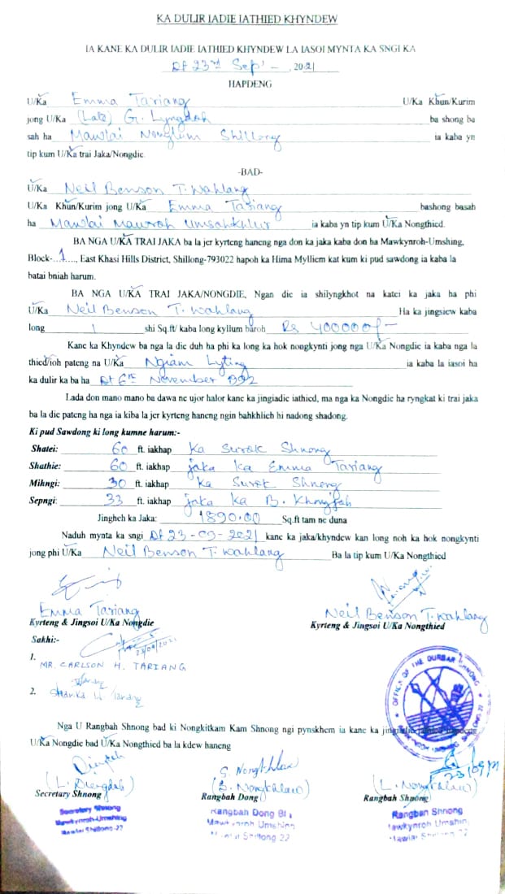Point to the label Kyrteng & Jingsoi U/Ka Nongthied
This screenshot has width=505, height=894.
(x=377, y=627)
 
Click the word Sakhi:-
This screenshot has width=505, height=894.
(x=44, y=639)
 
